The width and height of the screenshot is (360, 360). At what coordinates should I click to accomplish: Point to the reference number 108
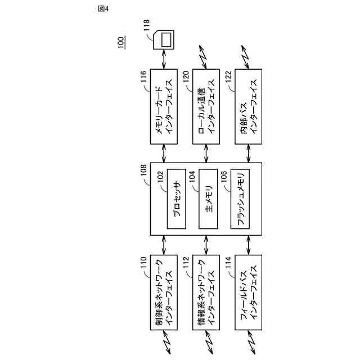pyautogui.click(x=145, y=171)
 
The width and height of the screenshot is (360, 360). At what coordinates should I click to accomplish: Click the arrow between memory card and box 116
pyautogui.click(x=165, y=58)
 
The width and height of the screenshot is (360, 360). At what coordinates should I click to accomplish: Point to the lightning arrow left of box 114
pyautogui.click(x=248, y=338)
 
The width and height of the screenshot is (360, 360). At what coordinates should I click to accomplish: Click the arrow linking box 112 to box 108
pyautogui.click(x=206, y=245)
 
